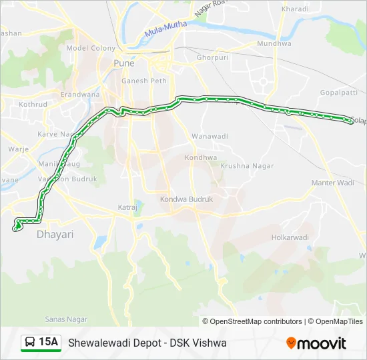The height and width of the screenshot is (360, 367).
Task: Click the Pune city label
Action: pyautogui.click(x=124, y=63)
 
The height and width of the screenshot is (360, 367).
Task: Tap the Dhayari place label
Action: pyautogui.click(x=55, y=235)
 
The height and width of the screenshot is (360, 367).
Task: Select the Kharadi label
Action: pyautogui.click(x=295, y=9)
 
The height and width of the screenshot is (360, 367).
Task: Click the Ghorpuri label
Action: pyautogui.click(x=213, y=58)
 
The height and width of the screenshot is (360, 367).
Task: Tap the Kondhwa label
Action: pyautogui.click(x=202, y=158)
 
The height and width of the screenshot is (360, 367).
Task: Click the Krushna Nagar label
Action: pyautogui.click(x=244, y=165)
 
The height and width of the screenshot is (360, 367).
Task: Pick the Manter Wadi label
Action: pyautogui.click(x=332, y=183)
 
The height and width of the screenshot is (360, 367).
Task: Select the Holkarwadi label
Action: pyautogui.click(x=290, y=237)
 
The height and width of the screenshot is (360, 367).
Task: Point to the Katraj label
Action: pyautogui.click(x=127, y=207)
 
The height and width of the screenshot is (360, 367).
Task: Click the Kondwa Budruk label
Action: pyautogui.click(x=186, y=199)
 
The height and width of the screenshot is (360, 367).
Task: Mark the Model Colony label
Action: pyautogui.click(x=91, y=49)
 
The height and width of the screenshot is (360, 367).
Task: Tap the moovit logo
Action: pyautogui.click(x=316, y=343)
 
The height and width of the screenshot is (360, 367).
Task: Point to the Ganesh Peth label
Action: pyautogui.click(x=139, y=81)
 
